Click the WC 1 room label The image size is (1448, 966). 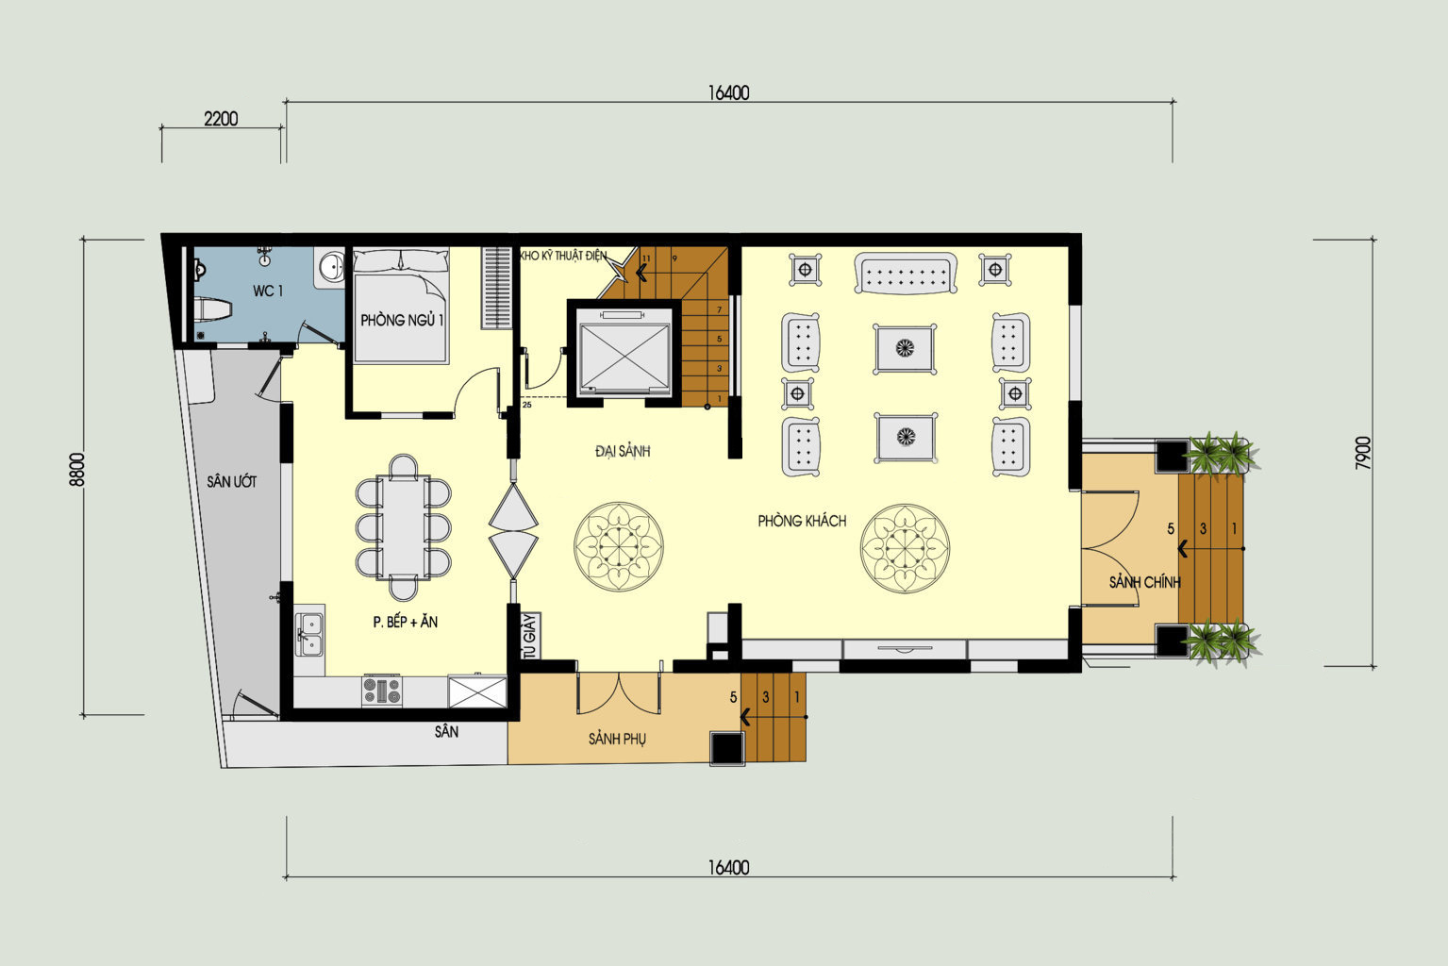[268, 291]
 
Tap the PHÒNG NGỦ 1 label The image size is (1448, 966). [402, 320]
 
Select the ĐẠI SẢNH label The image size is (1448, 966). [623, 451]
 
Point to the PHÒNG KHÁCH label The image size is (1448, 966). [802, 521]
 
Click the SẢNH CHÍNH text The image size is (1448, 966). [1145, 582]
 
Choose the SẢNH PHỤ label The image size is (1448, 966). [617, 739]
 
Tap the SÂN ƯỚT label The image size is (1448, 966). [231, 481]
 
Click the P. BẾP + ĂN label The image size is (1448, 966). [406, 622]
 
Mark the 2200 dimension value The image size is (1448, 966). [221, 119]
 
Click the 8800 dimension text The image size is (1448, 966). [76, 470]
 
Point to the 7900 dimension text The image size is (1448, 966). [1363, 453]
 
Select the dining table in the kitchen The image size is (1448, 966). [403, 527]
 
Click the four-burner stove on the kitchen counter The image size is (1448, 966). [381, 691]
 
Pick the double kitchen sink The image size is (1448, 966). [309, 634]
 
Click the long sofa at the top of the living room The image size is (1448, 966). [906, 273]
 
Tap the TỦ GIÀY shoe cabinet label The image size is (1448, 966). [531, 636]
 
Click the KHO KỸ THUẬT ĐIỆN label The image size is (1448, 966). [563, 256]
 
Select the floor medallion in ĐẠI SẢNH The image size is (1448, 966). [619, 546]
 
